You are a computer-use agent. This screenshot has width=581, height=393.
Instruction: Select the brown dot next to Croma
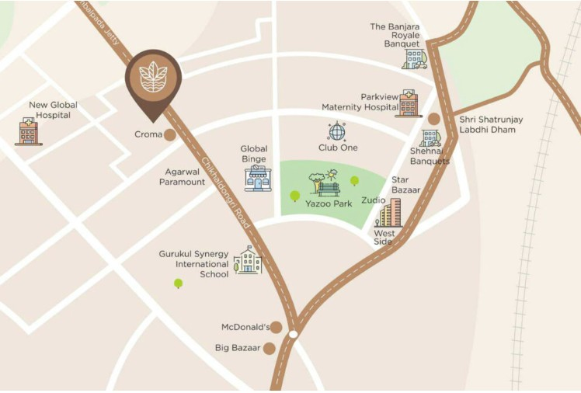169,135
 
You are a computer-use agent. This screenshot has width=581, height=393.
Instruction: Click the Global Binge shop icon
258,178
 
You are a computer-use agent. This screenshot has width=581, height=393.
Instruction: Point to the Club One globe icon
336,131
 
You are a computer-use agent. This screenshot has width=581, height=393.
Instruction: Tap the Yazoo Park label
329,203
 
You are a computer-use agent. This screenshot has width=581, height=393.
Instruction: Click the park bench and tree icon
324,183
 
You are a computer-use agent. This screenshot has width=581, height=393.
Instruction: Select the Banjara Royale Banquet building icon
414,58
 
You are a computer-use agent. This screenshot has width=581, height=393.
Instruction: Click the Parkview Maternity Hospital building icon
408,103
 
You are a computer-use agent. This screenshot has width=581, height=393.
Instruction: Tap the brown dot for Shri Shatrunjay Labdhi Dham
434,119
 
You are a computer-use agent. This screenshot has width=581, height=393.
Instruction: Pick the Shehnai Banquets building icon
430,139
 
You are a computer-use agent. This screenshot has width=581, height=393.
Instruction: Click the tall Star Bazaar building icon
391,212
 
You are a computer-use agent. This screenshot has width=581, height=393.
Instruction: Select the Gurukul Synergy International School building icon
248,260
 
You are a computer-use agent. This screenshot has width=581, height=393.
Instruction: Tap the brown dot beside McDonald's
276,327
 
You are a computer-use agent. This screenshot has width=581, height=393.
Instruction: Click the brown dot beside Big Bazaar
269,348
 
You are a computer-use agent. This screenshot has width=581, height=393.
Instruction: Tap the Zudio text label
373,200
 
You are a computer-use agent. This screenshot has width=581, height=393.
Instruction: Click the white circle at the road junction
293,334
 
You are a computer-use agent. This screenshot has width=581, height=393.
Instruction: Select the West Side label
384,237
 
